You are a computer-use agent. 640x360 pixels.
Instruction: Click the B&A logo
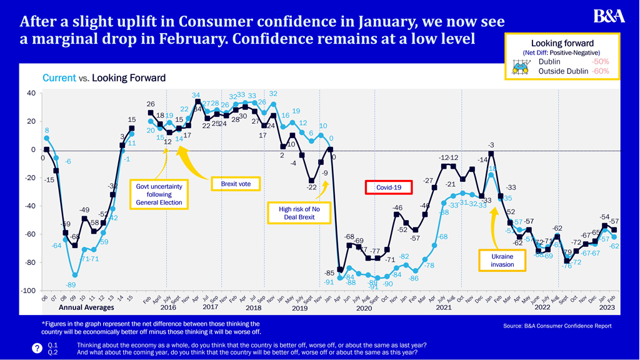(x=609, y=16)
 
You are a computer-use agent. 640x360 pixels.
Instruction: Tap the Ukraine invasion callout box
(x=502, y=260)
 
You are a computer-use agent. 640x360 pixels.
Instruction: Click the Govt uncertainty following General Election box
(x=159, y=194)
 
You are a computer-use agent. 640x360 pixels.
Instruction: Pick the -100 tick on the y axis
(x=29, y=291)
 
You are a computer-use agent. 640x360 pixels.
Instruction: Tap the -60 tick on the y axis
(x=30, y=234)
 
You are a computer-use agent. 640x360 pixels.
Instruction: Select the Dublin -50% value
(x=600, y=62)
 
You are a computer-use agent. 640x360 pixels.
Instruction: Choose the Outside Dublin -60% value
(x=600, y=71)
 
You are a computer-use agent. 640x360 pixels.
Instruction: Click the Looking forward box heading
(x=562, y=43)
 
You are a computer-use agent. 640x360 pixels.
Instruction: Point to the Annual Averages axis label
(x=86, y=307)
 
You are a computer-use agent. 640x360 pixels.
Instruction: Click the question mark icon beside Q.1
(x=37, y=349)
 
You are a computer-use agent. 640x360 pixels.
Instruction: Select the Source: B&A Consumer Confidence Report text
(x=557, y=326)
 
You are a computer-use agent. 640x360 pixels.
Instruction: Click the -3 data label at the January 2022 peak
(x=492, y=145)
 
